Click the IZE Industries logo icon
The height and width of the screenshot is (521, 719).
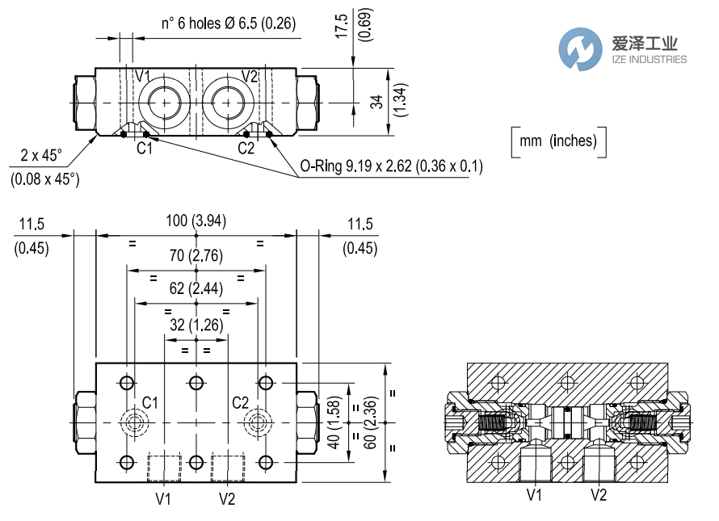(581, 48)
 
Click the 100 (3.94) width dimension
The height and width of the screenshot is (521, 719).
(196, 221)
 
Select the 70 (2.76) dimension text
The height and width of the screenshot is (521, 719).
(196, 257)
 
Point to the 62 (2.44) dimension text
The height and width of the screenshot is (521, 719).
(196, 289)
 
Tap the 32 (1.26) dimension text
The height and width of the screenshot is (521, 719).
(196, 326)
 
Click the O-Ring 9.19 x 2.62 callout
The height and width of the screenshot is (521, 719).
(391, 166)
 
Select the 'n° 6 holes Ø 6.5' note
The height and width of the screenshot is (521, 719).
(229, 23)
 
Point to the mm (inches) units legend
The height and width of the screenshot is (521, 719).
(558, 141)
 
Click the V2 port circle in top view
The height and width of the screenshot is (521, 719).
(229, 103)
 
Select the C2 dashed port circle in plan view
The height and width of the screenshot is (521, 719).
(258, 422)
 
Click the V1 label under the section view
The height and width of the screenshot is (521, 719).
(534, 494)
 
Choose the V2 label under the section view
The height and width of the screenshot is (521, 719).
(599, 494)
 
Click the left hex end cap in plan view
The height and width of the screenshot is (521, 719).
(84, 422)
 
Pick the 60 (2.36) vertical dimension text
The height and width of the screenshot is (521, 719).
(370, 422)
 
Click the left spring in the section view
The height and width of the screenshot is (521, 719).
(492, 422)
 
